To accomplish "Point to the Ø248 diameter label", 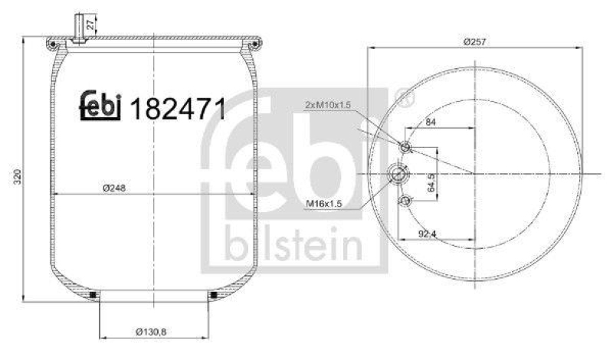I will (114, 188).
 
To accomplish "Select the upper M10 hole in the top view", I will (406, 146).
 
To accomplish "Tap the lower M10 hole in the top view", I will (406, 201).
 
